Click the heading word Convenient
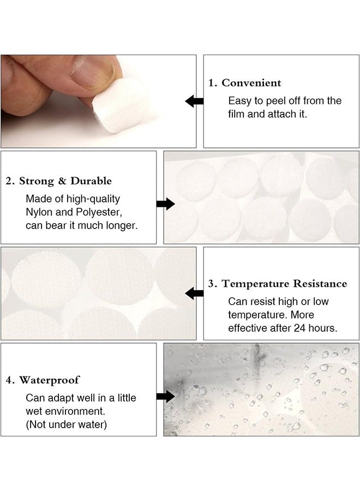[x=251, y=83]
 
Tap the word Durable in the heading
[x=92, y=181]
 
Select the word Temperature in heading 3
[x=255, y=284]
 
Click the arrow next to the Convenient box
[x=194, y=101]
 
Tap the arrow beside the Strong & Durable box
[x=165, y=204]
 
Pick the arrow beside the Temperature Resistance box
[x=194, y=294]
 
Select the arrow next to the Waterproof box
[x=165, y=397]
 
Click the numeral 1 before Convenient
[x=212, y=83]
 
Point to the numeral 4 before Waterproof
[x=9, y=380]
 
